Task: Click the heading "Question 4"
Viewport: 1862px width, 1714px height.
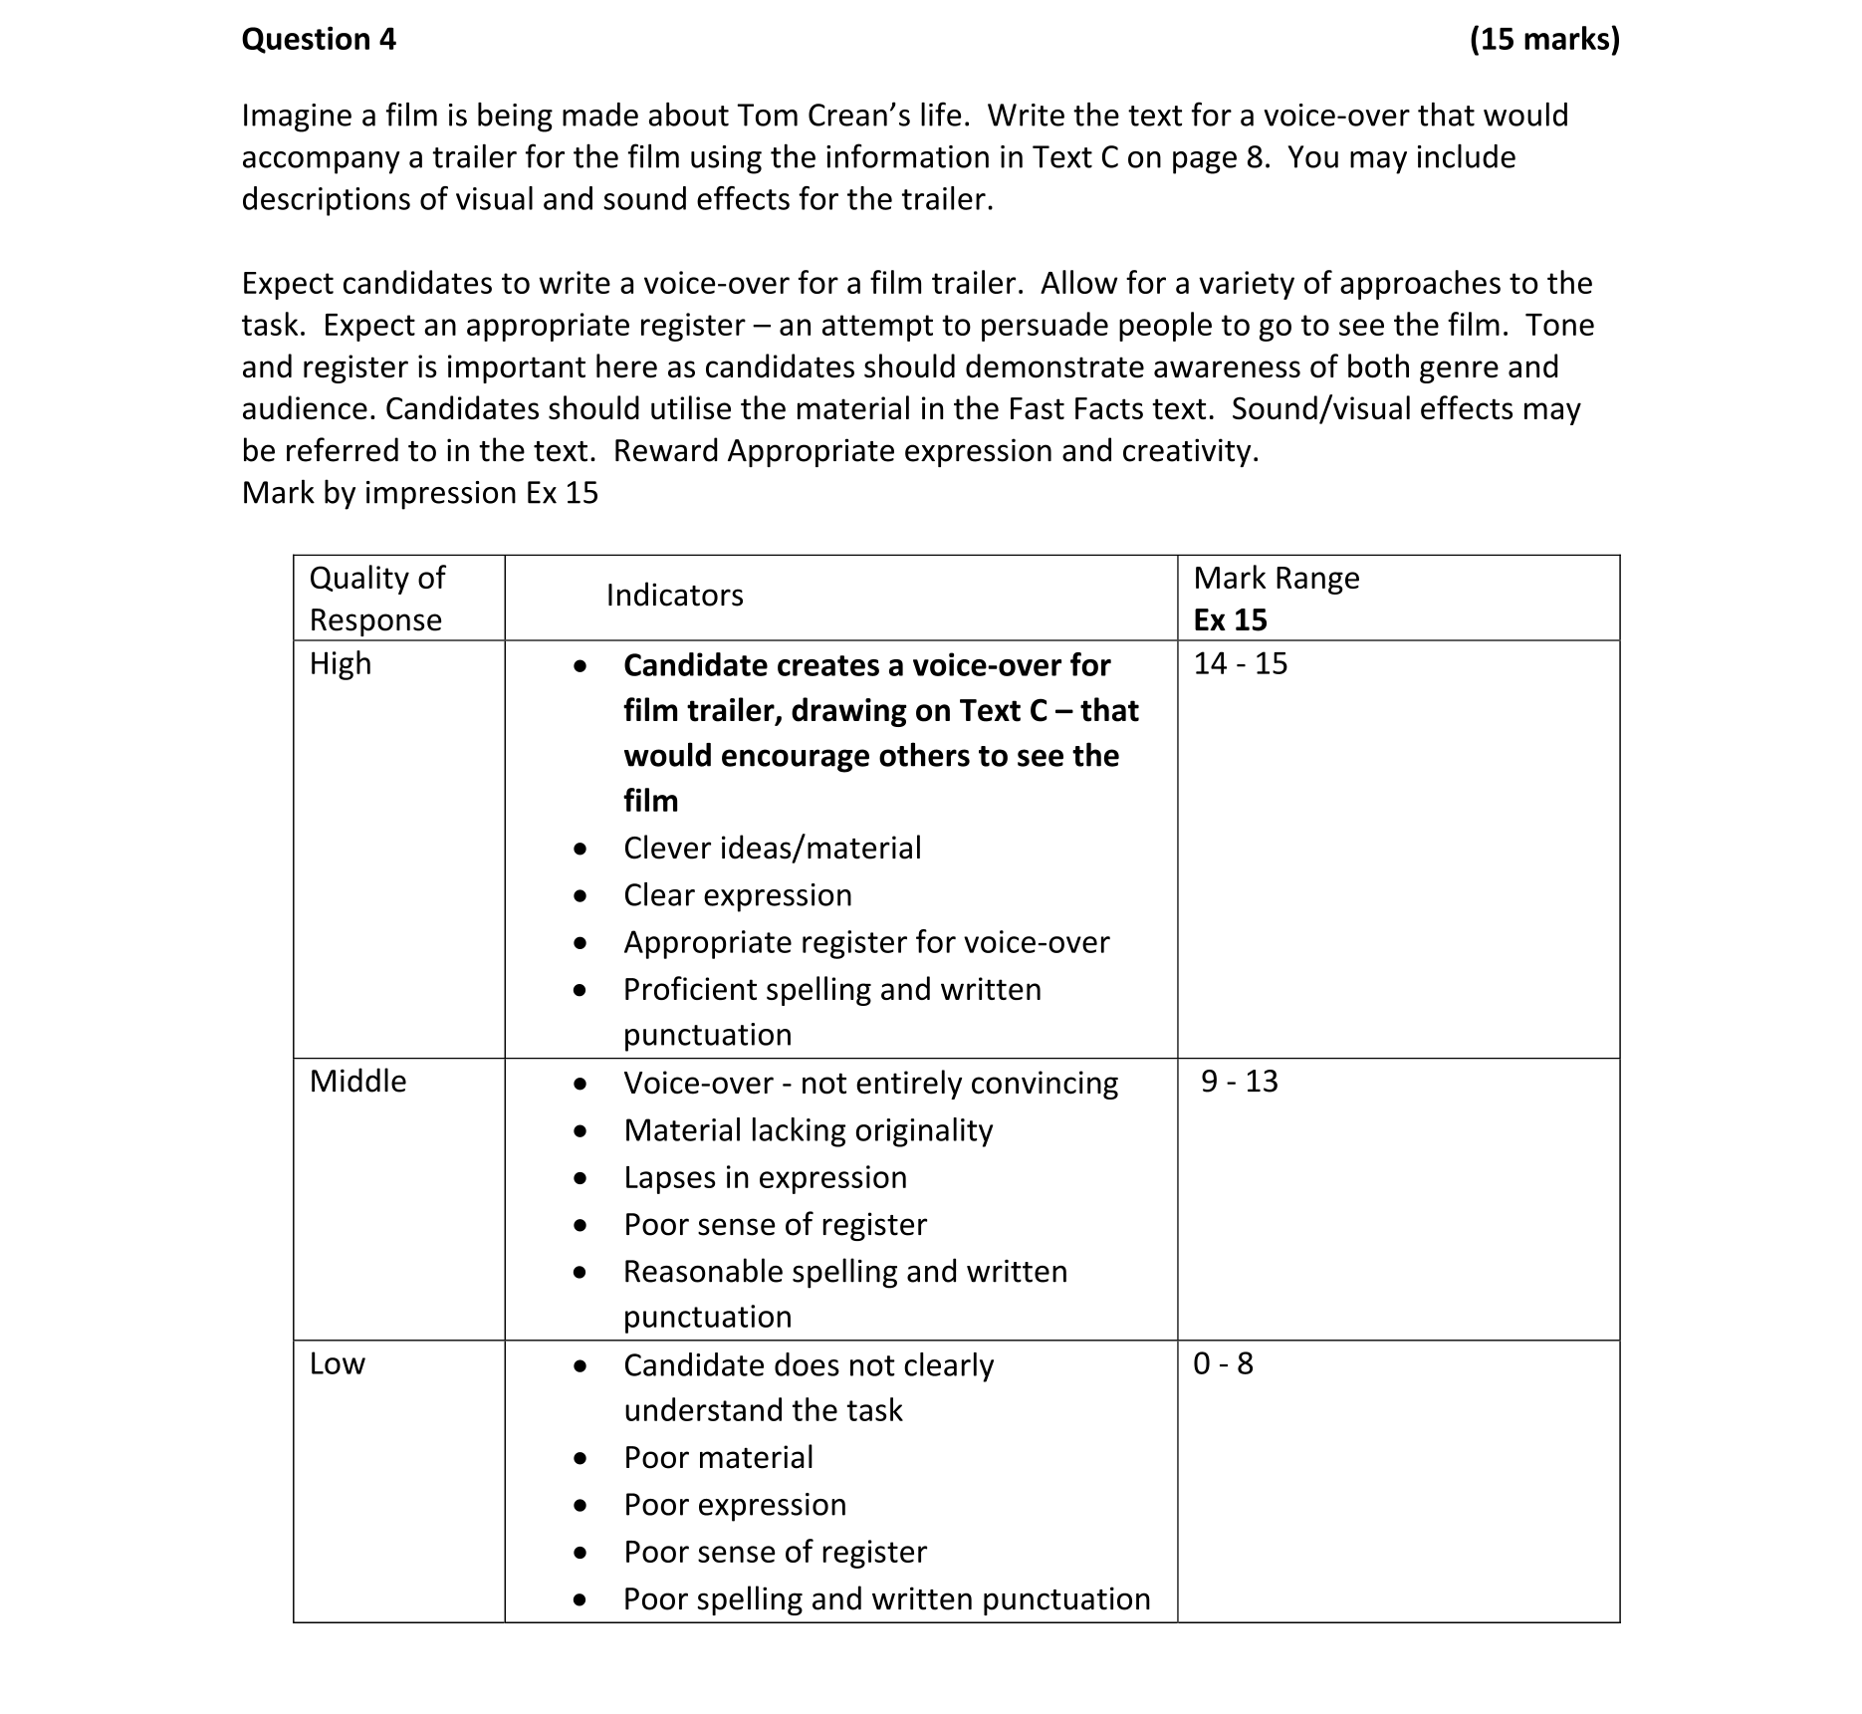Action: click(319, 40)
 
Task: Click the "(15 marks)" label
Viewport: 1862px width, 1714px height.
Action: click(1544, 40)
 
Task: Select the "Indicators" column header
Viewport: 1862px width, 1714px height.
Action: click(674, 596)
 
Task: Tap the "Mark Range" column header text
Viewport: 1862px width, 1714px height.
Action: click(1276, 579)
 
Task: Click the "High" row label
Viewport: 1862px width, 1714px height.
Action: click(340, 664)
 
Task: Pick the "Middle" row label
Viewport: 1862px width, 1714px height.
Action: click(357, 1082)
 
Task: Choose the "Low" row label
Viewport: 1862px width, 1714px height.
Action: click(337, 1363)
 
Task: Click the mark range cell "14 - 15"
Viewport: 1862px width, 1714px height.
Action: click(1240, 664)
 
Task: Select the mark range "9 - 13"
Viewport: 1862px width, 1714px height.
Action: click(1239, 1082)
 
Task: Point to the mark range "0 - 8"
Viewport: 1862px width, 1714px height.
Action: click(1223, 1363)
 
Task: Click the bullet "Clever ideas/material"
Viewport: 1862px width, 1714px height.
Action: click(772, 849)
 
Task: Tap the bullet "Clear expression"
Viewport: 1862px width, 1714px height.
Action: click(737, 895)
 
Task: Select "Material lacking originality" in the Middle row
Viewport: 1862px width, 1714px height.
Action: click(808, 1130)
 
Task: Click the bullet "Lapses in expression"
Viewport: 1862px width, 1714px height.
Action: click(765, 1177)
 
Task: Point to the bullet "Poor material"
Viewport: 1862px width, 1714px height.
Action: click(718, 1458)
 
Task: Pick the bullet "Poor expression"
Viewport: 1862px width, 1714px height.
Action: click(735, 1505)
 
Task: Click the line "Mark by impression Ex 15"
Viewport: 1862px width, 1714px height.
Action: click(419, 493)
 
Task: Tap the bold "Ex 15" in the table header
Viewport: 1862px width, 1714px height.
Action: click(1230, 620)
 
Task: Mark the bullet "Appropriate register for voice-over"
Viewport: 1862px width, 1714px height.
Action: click(866, 942)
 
